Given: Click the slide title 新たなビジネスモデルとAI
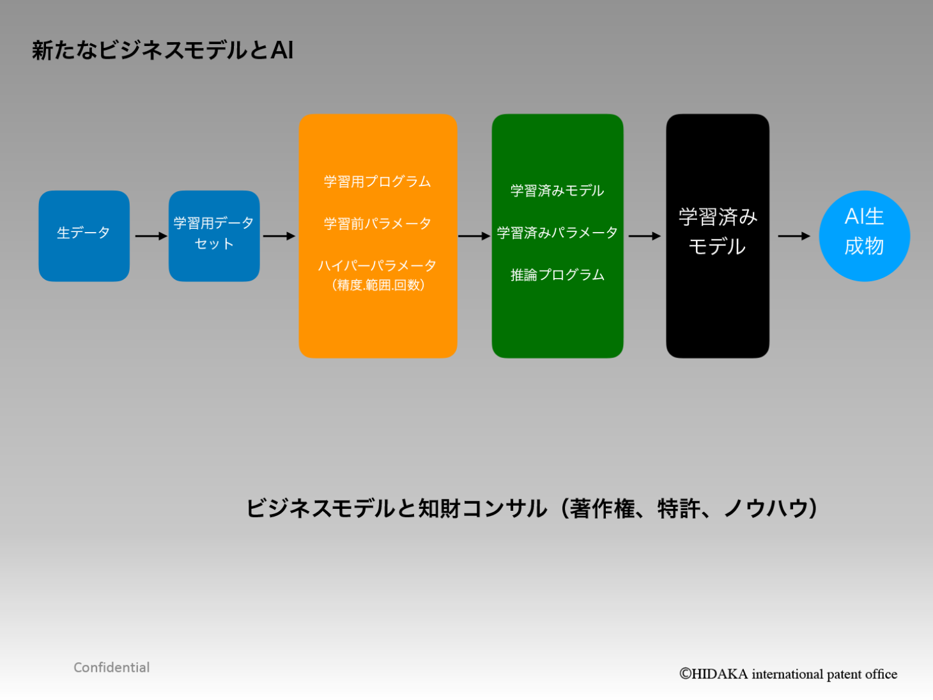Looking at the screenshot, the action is click(162, 50).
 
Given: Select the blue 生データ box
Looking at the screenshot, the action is click(84, 236).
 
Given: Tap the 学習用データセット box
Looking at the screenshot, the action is click(214, 236).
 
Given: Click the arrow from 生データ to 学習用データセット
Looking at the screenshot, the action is click(151, 236).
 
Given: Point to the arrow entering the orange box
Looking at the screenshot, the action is click(279, 236).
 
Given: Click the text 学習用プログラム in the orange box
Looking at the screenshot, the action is click(378, 182).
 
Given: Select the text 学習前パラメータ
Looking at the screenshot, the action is click(378, 223).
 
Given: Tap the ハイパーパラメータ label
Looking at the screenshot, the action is click(378, 266).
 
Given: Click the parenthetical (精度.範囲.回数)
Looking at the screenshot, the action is click(378, 284).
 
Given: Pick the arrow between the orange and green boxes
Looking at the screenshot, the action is click(474, 236).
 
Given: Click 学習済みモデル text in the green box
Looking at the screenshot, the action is click(557, 191).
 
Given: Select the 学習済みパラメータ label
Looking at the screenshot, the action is click(557, 233).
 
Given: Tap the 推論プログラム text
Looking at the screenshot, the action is click(557, 275).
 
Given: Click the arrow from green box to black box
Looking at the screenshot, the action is click(645, 236).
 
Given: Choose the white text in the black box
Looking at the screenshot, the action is click(718, 231).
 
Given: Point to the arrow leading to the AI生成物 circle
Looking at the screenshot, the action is click(794, 236).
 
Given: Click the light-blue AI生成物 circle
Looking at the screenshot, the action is click(864, 236).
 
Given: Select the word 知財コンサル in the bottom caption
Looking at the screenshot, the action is click(482, 508).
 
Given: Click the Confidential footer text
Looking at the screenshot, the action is click(111, 667).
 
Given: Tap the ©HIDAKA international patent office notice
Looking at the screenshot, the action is click(788, 674).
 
